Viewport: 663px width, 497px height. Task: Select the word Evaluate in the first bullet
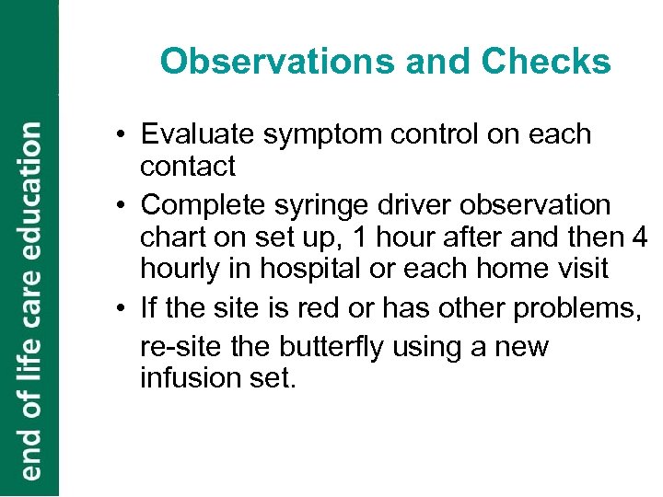[x=196, y=134]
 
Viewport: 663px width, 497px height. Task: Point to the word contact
[x=188, y=167]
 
